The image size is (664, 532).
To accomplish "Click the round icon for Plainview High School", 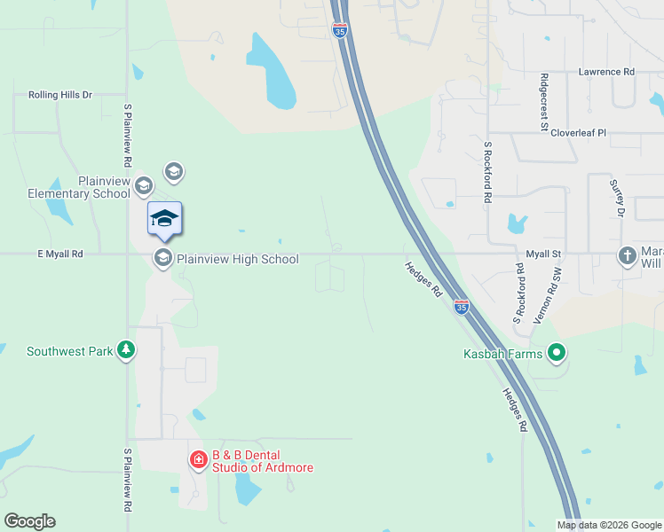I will tap(162, 258).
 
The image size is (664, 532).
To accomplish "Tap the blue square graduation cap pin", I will tap(164, 218).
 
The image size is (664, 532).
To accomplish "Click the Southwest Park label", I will tap(69, 351).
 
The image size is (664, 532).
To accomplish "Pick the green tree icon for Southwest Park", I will tap(127, 350).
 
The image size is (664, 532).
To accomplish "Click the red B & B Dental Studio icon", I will tap(198, 459).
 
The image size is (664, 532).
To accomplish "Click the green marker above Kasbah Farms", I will tap(557, 353).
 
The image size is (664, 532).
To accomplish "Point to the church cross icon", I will tap(628, 256).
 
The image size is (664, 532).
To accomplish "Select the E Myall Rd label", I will tap(60, 254).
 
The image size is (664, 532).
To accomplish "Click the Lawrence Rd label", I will tap(607, 71).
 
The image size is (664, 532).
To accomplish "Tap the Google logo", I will tap(29, 521).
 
